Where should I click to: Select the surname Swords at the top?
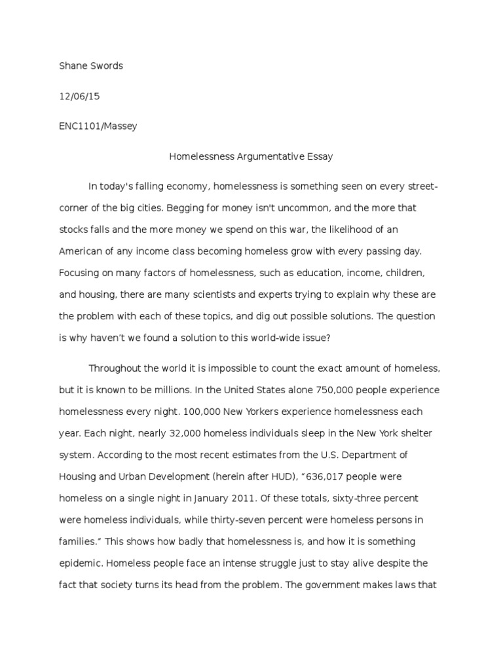point(105,66)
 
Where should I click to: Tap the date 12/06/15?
point(79,96)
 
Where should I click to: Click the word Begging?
point(186,208)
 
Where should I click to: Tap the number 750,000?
point(322,389)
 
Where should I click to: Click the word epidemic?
point(80,562)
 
